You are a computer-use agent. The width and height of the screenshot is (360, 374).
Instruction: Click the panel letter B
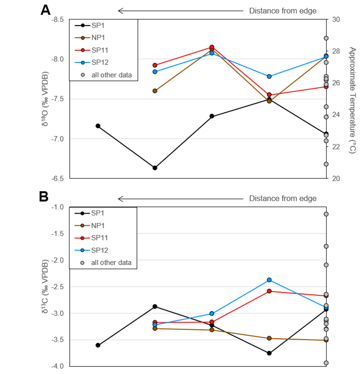pyautogui.click(x=44, y=197)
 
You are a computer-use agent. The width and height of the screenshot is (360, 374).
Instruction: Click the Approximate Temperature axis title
pyautogui.click(x=352, y=100)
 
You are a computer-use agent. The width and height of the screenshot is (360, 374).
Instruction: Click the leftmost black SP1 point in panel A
pyautogui.click(x=98, y=126)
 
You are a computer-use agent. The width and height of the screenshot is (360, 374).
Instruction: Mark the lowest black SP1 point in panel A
pyautogui.click(x=155, y=168)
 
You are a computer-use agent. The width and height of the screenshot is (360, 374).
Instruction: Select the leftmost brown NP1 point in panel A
pyautogui.click(x=155, y=91)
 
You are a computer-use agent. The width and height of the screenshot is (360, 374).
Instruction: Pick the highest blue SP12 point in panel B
pyautogui.click(x=269, y=280)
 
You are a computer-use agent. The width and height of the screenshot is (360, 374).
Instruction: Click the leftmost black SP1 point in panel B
pyautogui.click(x=98, y=345)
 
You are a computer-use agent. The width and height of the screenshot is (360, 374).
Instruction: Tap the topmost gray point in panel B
pyautogui.click(x=326, y=214)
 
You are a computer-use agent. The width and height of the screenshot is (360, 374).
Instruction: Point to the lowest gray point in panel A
pyautogui.click(x=326, y=164)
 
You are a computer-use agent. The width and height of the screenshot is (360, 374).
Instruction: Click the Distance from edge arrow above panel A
pyautogui.click(x=181, y=11)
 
